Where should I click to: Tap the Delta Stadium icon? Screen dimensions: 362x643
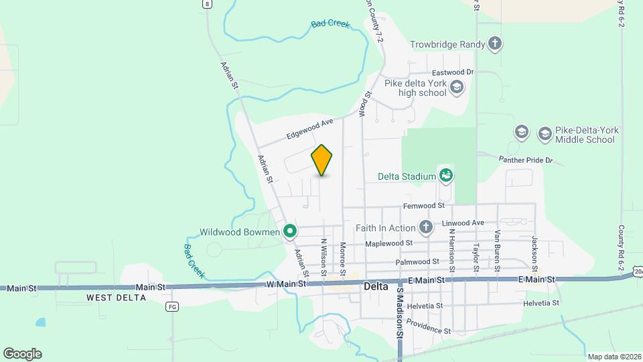point(446,176)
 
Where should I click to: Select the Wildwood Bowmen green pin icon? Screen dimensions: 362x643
point(290,232)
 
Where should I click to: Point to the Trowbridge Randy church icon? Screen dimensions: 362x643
point(495,44)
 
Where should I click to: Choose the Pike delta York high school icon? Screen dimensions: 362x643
point(457,86)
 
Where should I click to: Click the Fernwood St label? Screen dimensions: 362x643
point(424,206)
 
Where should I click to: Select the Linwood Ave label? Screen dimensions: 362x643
point(463,223)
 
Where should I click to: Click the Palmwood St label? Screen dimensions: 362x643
point(417,261)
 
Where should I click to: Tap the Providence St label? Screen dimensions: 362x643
point(429,327)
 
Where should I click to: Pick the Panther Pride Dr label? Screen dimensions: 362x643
point(525,160)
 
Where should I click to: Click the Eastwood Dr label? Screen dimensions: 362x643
point(453,72)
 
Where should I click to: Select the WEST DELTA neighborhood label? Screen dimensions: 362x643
point(116,297)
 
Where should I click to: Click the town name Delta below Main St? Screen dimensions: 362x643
point(376,286)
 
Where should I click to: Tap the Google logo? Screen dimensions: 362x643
point(22,354)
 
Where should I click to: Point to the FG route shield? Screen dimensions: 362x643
point(173,306)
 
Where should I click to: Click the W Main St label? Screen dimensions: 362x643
point(286,284)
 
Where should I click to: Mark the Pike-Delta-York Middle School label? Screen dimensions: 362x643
point(585,135)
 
